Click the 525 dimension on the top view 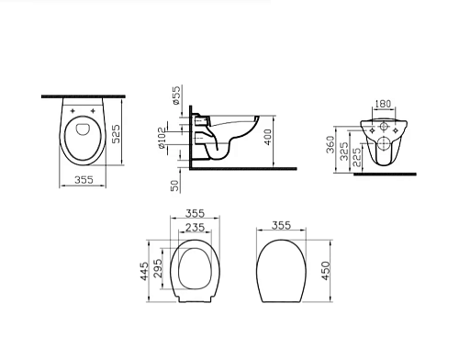pyautogui.click(x=116, y=134)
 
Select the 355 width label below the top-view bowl pyautogui.click(x=84, y=180)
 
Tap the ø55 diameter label pyautogui.click(x=176, y=96)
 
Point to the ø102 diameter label pyautogui.click(x=162, y=138)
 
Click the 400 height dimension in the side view pyautogui.click(x=267, y=137)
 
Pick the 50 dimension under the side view pyautogui.click(x=174, y=186)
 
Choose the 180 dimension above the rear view pyautogui.click(x=383, y=104)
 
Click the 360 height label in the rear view pyautogui.click(x=330, y=144)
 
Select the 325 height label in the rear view pyautogui.click(x=344, y=151)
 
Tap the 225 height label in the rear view pyautogui.click(x=356, y=157)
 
